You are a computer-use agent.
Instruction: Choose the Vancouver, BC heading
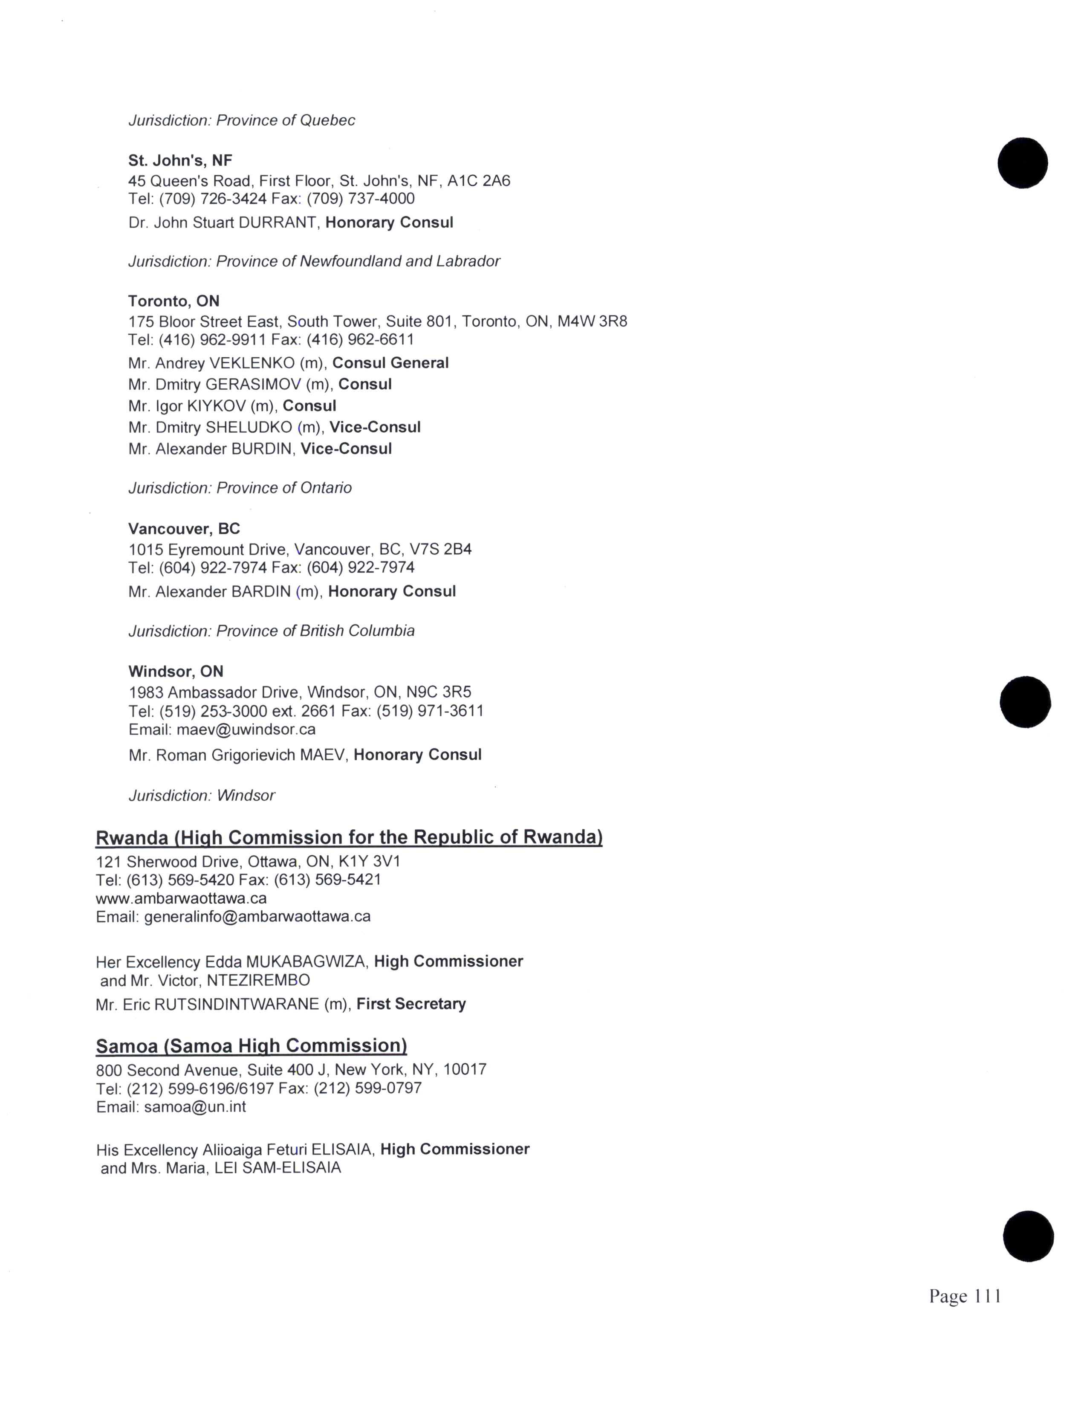184,529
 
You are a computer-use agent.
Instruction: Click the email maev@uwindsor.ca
246,730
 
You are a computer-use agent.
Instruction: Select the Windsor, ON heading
176,672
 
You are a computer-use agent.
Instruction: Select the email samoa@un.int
195,1107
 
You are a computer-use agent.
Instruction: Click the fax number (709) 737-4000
361,199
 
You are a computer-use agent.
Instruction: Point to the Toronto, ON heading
174,301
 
